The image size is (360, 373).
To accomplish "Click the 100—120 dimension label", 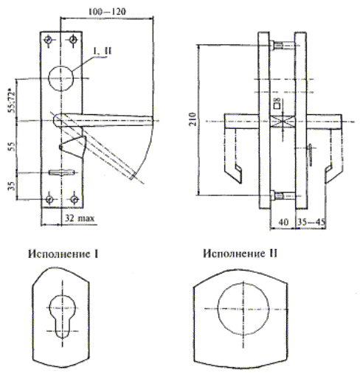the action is click(x=107, y=11).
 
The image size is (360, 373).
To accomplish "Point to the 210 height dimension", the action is click(x=193, y=119).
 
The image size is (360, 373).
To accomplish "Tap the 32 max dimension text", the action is click(x=80, y=218).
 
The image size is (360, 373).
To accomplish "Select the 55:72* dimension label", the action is click(x=12, y=102).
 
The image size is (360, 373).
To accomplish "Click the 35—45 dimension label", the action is click(x=311, y=222).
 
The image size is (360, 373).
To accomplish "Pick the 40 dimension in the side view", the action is click(x=283, y=222).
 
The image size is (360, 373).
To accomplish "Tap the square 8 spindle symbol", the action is click(x=277, y=103).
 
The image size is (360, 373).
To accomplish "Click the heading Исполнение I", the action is click(x=63, y=254).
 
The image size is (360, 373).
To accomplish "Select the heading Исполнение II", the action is click(x=240, y=253).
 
